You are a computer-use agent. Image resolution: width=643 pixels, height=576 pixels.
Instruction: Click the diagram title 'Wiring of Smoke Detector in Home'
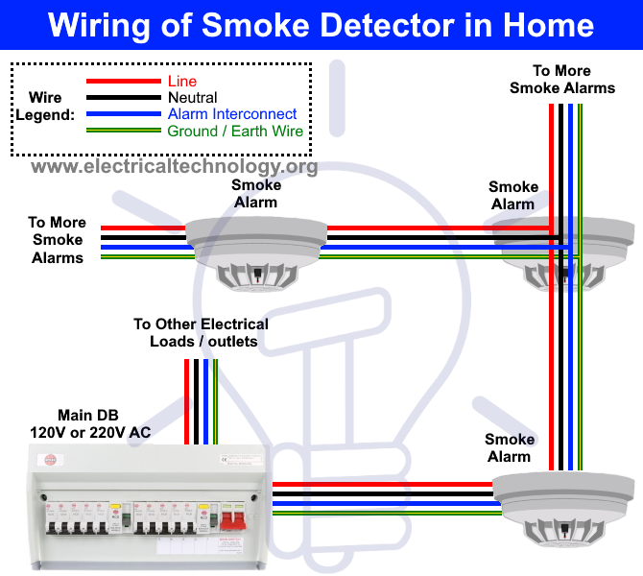[x=321, y=24]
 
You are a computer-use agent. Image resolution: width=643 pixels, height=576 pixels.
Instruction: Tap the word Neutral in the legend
[x=193, y=98]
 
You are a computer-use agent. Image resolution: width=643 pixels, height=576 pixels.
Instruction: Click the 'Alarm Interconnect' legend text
[x=232, y=114]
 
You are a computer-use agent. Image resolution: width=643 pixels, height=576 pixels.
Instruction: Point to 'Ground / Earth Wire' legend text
[x=235, y=131]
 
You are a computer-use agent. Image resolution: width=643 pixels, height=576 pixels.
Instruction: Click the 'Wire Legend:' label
[x=45, y=107]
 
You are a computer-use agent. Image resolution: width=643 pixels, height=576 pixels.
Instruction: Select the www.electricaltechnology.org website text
[x=174, y=167]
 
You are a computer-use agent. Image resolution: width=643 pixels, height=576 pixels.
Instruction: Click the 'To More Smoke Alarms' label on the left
[x=57, y=240]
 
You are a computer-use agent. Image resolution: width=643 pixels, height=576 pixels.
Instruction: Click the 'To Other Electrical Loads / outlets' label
[x=201, y=332]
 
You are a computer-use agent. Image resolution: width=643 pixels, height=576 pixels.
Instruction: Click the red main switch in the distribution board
[x=232, y=519]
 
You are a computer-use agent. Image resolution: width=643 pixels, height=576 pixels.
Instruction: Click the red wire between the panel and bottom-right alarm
[x=384, y=484]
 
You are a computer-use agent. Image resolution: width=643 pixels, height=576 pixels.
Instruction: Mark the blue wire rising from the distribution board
[x=204, y=403]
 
